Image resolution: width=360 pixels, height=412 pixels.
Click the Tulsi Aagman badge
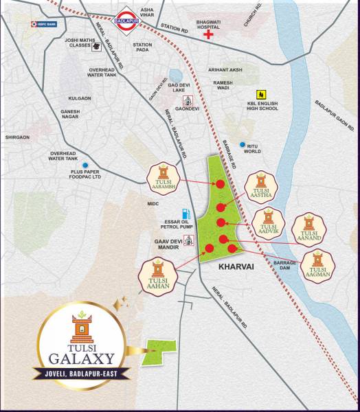click(317, 264)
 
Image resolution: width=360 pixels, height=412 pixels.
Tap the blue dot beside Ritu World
click(242, 145)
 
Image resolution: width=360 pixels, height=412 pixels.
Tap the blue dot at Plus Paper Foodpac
click(85, 165)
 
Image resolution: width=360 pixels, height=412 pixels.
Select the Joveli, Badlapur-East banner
click(81, 375)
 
